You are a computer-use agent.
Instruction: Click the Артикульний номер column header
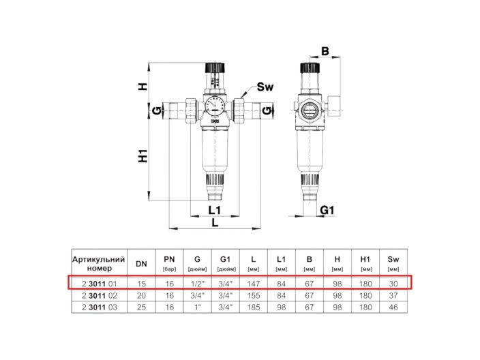pos(99,264)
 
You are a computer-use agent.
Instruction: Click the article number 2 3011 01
pos(99,283)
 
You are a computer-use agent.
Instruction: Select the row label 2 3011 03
pos(99,307)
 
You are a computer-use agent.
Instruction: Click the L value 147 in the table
pos(253,283)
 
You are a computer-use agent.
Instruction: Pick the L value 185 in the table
pos(253,307)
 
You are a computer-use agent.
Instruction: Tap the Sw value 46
pos(393,307)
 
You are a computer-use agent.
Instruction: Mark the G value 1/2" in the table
pos(197,283)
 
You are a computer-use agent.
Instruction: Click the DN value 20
pos(141,295)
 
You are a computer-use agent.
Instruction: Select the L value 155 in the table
pos(253,295)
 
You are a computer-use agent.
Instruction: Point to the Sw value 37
pos(393,295)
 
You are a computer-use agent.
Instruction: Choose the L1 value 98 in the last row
pos(281,307)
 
